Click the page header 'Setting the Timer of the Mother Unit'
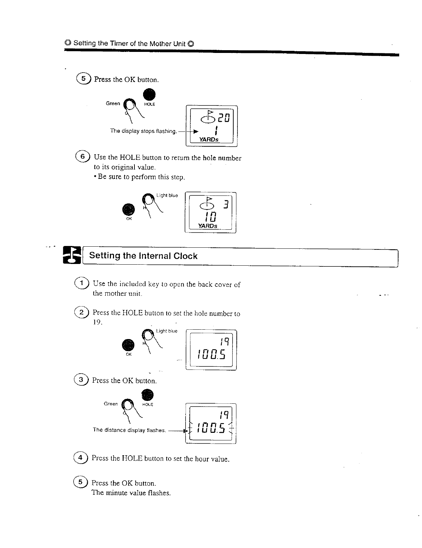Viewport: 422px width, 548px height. point(129,44)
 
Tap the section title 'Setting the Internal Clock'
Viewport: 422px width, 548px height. point(143,256)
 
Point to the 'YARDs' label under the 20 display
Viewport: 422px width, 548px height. point(208,139)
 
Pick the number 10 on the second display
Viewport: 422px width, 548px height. point(210,217)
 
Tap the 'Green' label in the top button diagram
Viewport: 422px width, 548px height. point(113,103)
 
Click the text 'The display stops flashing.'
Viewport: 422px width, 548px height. point(143,131)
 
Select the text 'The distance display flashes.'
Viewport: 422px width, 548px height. point(130,430)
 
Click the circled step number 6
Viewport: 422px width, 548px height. point(83,156)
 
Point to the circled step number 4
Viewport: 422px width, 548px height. point(81,458)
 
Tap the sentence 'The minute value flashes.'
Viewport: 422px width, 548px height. point(131,493)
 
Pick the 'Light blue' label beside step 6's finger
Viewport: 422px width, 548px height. point(167,195)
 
